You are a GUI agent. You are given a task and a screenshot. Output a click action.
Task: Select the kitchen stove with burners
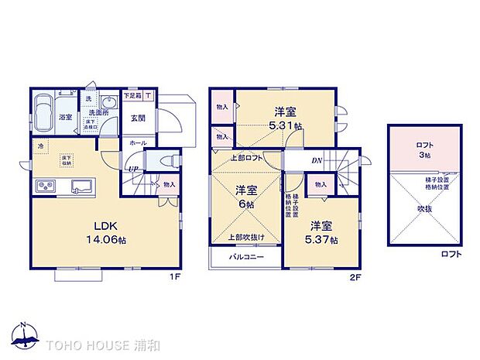[44, 187]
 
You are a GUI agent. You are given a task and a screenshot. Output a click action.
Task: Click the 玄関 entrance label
[138, 118]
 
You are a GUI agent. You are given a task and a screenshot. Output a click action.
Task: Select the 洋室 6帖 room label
[246, 195]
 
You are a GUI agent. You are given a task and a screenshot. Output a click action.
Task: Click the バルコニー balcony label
[247, 256]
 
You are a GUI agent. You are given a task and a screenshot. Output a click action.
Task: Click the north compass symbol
[25, 334]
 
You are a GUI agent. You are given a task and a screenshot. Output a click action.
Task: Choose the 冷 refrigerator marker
[39, 145]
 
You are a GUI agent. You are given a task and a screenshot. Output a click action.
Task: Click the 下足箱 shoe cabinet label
[132, 96]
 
